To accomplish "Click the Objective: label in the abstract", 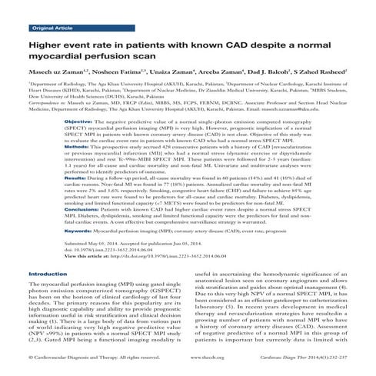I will pos(78,122).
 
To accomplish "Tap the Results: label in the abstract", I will pos(75,178).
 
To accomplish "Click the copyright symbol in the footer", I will pos(31,358).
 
